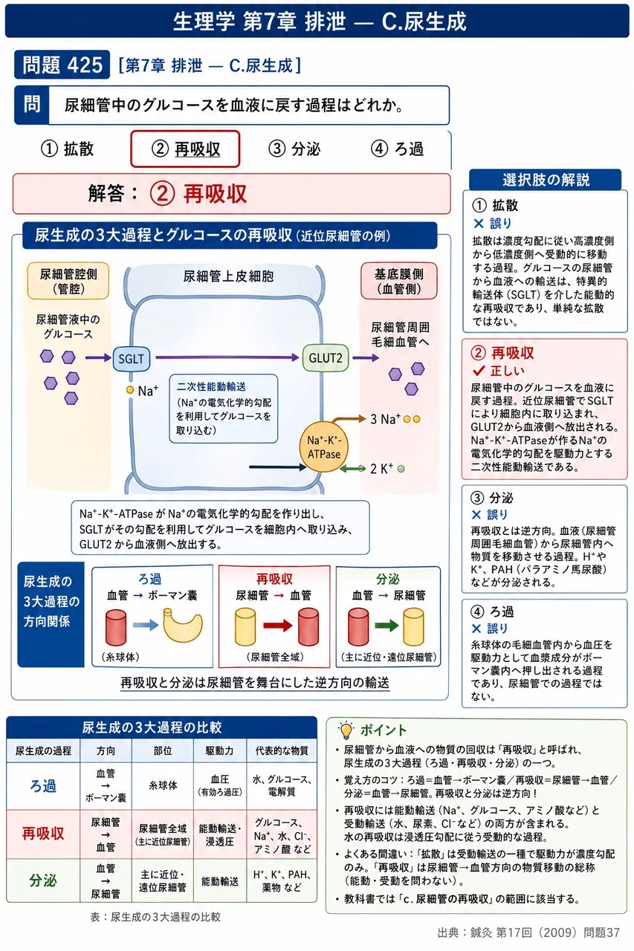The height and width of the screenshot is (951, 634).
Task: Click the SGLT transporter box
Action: (x=132, y=359)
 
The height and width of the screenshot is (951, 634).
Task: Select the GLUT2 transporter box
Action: (x=326, y=358)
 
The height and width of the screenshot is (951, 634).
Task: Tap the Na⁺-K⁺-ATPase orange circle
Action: (x=324, y=447)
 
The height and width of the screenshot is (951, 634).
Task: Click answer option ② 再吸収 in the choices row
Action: (x=185, y=149)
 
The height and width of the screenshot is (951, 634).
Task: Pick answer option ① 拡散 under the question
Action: (x=67, y=149)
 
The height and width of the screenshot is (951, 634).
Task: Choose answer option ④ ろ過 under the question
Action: (x=397, y=149)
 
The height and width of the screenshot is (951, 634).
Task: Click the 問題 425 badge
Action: (x=62, y=65)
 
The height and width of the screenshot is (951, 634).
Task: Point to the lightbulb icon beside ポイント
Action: (x=346, y=730)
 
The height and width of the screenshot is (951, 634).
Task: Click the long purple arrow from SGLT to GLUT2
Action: (x=227, y=357)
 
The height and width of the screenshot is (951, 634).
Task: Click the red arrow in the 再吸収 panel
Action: (x=278, y=626)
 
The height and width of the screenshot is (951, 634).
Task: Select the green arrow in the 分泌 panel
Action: (x=386, y=626)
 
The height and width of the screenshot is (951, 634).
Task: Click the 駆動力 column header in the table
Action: (x=219, y=750)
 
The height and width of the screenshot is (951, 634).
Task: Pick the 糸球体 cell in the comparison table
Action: (x=163, y=785)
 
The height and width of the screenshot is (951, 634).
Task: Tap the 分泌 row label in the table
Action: (x=43, y=880)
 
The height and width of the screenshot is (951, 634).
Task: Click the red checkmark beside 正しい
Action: (x=479, y=371)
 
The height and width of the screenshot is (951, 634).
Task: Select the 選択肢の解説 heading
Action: (x=546, y=180)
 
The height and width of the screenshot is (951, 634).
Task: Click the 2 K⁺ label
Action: (x=381, y=469)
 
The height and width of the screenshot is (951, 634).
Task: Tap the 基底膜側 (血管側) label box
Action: (x=398, y=281)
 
